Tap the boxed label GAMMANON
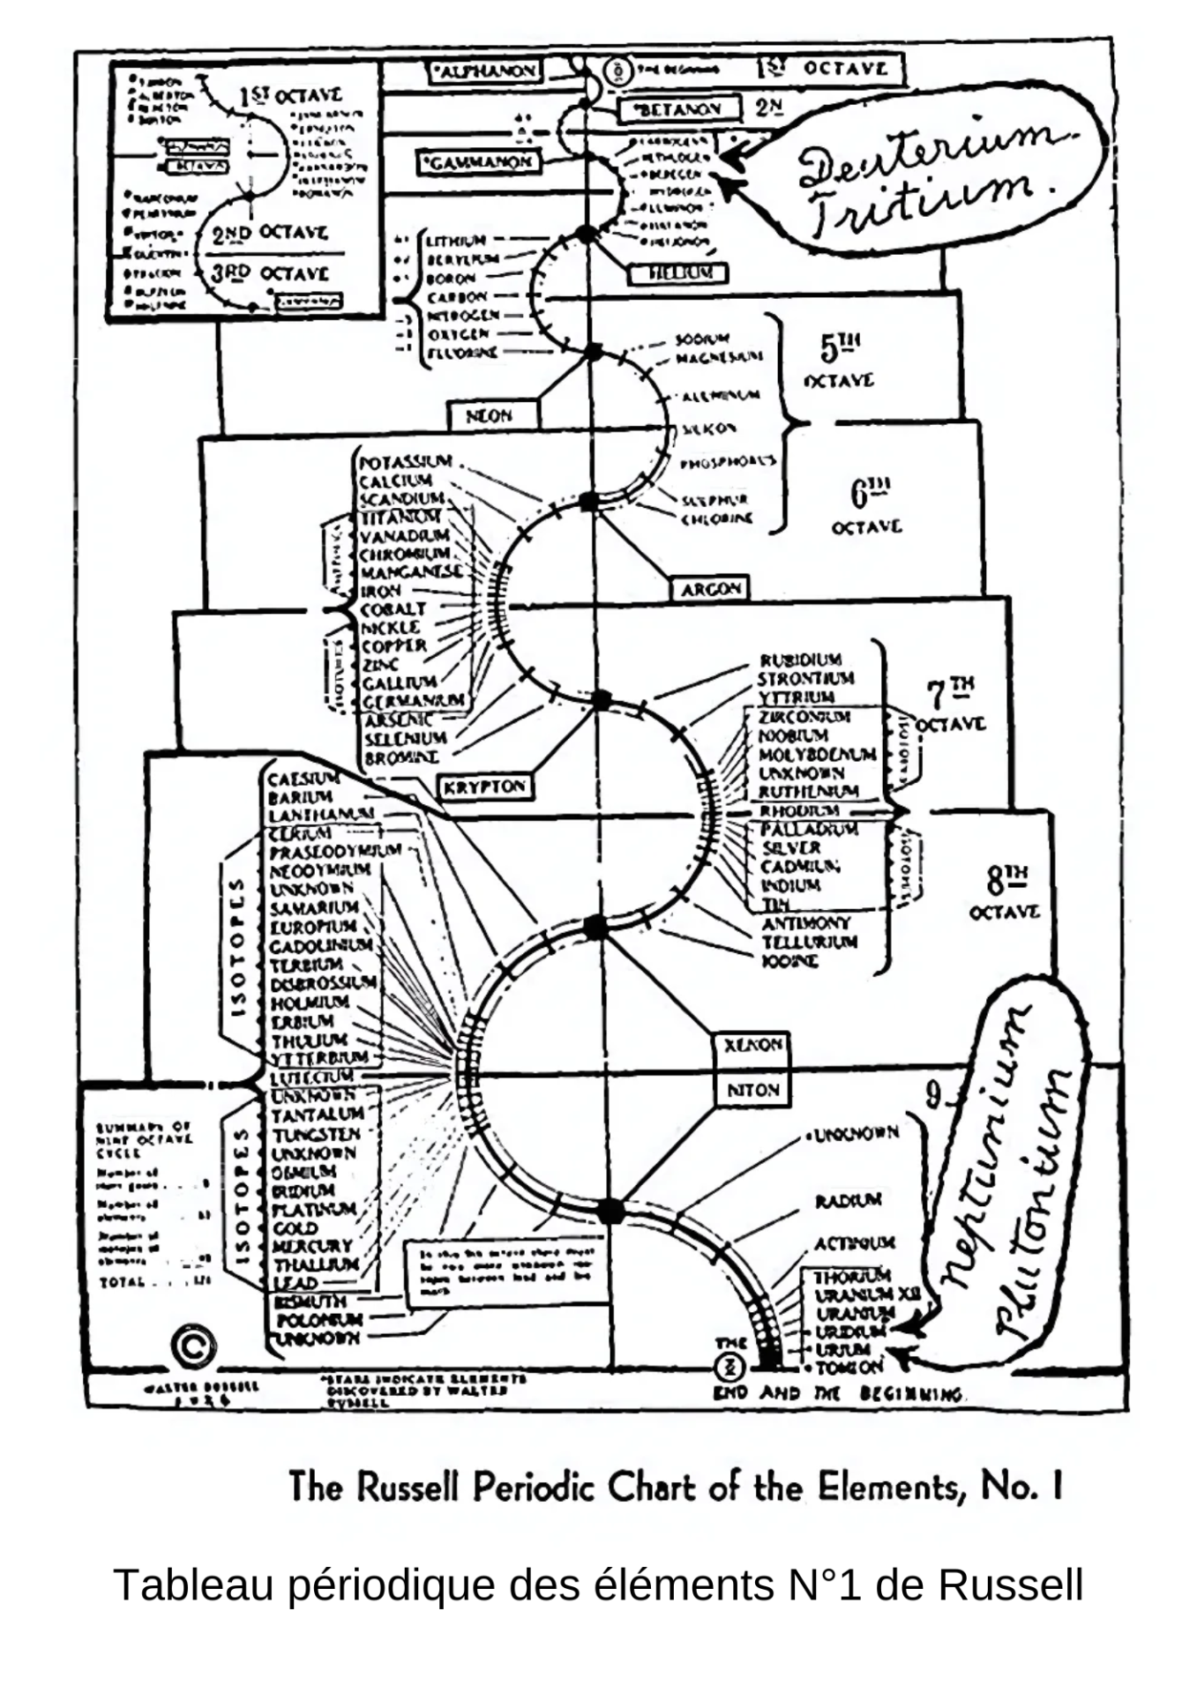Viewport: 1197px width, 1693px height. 477,162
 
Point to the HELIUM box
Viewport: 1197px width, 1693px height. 678,273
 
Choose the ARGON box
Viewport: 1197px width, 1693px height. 711,589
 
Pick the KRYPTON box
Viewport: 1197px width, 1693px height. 485,787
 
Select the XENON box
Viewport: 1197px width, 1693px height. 752,1046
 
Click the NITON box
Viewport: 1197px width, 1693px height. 752,1090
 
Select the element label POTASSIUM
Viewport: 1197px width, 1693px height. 406,462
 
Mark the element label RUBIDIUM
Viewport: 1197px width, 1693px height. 801,660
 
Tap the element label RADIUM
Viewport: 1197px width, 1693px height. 848,1201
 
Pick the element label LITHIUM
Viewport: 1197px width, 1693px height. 456,241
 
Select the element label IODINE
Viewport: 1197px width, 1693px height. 789,961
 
